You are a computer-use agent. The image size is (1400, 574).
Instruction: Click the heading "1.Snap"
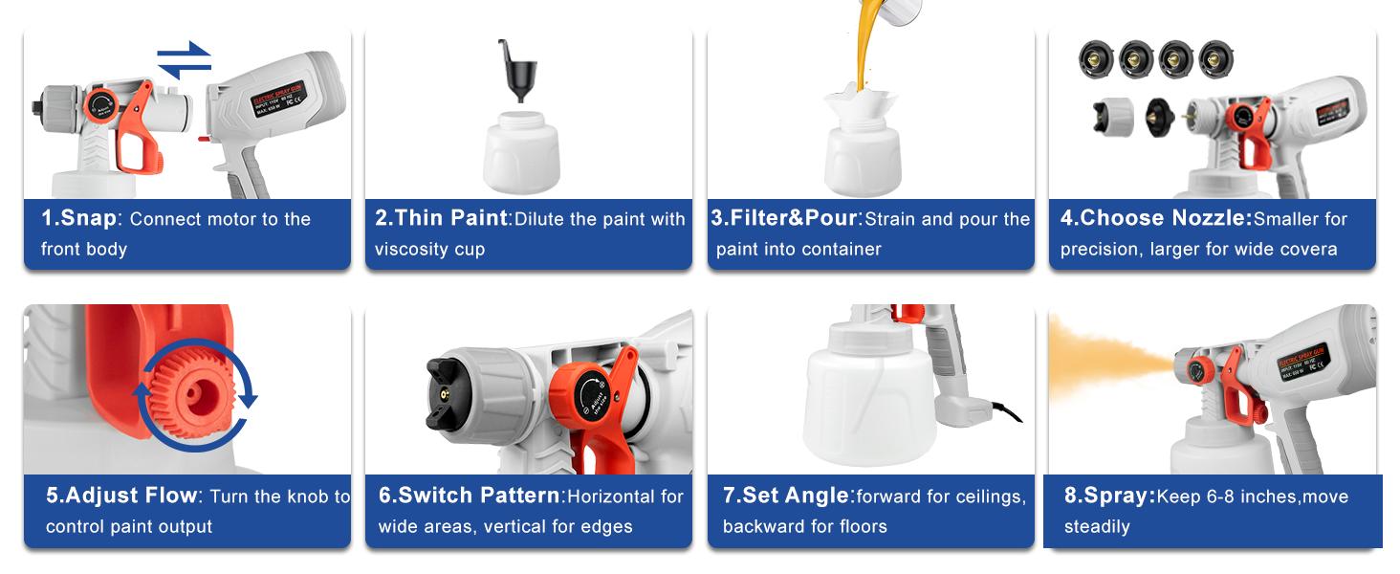tap(78, 218)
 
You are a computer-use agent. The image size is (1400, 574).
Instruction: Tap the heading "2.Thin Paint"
tap(441, 218)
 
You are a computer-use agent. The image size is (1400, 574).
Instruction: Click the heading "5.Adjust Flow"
tap(121, 496)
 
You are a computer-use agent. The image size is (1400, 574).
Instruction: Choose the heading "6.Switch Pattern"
tap(470, 496)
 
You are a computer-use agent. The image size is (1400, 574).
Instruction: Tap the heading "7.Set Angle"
tap(786, 496)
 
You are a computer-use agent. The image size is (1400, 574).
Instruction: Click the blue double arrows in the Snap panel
tap(184, 59)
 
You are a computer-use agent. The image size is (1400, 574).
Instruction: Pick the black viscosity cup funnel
tap(518, 72)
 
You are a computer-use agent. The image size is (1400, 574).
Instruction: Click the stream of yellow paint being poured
tap(866, 48)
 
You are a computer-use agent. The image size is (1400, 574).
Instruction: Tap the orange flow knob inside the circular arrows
tap(199, 395)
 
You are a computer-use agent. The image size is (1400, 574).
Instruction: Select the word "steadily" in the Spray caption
tap(1097, 526)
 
